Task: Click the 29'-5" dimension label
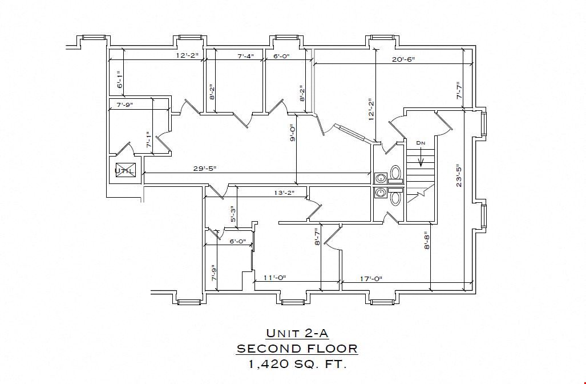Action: (204, 169)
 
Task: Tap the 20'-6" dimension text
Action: (403, 59)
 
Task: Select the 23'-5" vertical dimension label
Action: (459, 176)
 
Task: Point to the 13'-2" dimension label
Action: (284, 193)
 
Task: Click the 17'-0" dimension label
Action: (371, 279)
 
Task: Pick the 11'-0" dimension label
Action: (274, 278)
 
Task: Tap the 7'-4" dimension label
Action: (245, 56)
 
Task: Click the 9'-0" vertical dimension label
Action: (292, 133)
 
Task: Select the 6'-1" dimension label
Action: (120, 79)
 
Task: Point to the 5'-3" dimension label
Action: (233, 214)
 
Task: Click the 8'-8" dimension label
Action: (427, 241)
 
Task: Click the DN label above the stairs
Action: (421, 143)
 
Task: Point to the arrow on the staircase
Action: (421, 157)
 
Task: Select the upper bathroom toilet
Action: (395, 174)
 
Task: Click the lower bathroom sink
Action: (381, 193)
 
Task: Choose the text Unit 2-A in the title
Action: (297, 333)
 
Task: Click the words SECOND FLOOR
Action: (297, 349)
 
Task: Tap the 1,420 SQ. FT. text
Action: (297, 364)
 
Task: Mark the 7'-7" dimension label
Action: (459, 91)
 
